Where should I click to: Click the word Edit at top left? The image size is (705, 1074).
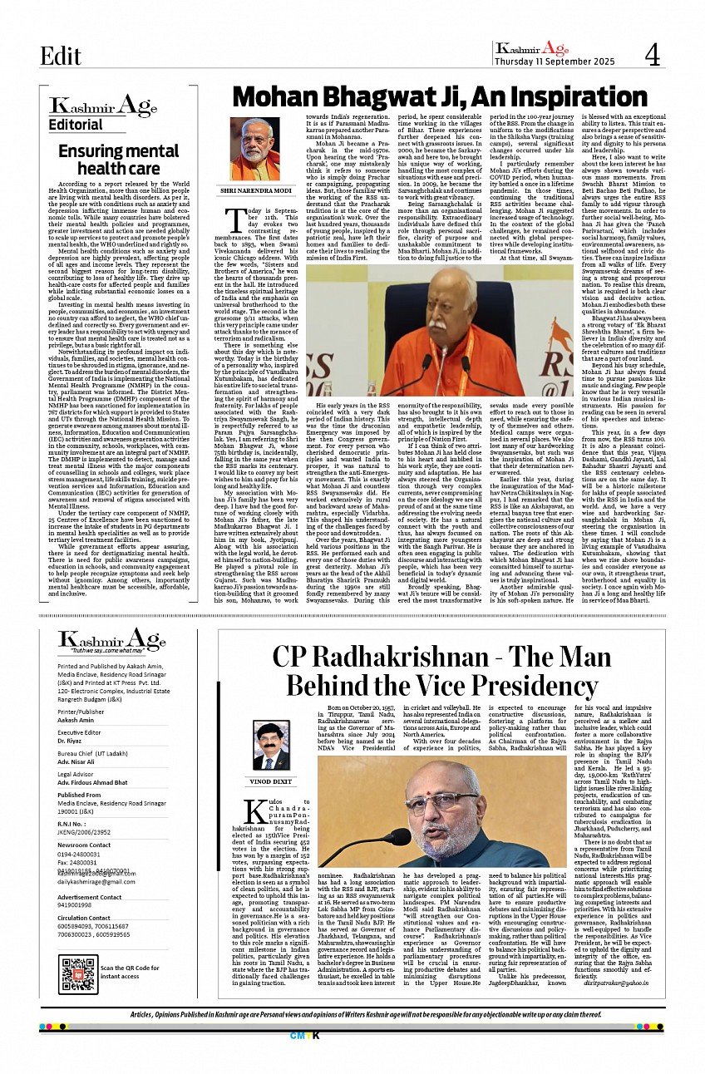pyautogui.click(x=61, y=56)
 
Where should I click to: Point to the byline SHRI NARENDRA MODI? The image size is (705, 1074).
pyautogui.click(x=255, y=190)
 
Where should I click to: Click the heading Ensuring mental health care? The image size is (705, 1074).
pyautogui.click(x=106, y=160)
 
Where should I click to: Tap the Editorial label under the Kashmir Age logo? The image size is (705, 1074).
pyautogui.click(x=76, y=125)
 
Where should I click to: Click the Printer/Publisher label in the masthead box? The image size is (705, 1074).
pyautogui.click(x=81, y=712)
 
